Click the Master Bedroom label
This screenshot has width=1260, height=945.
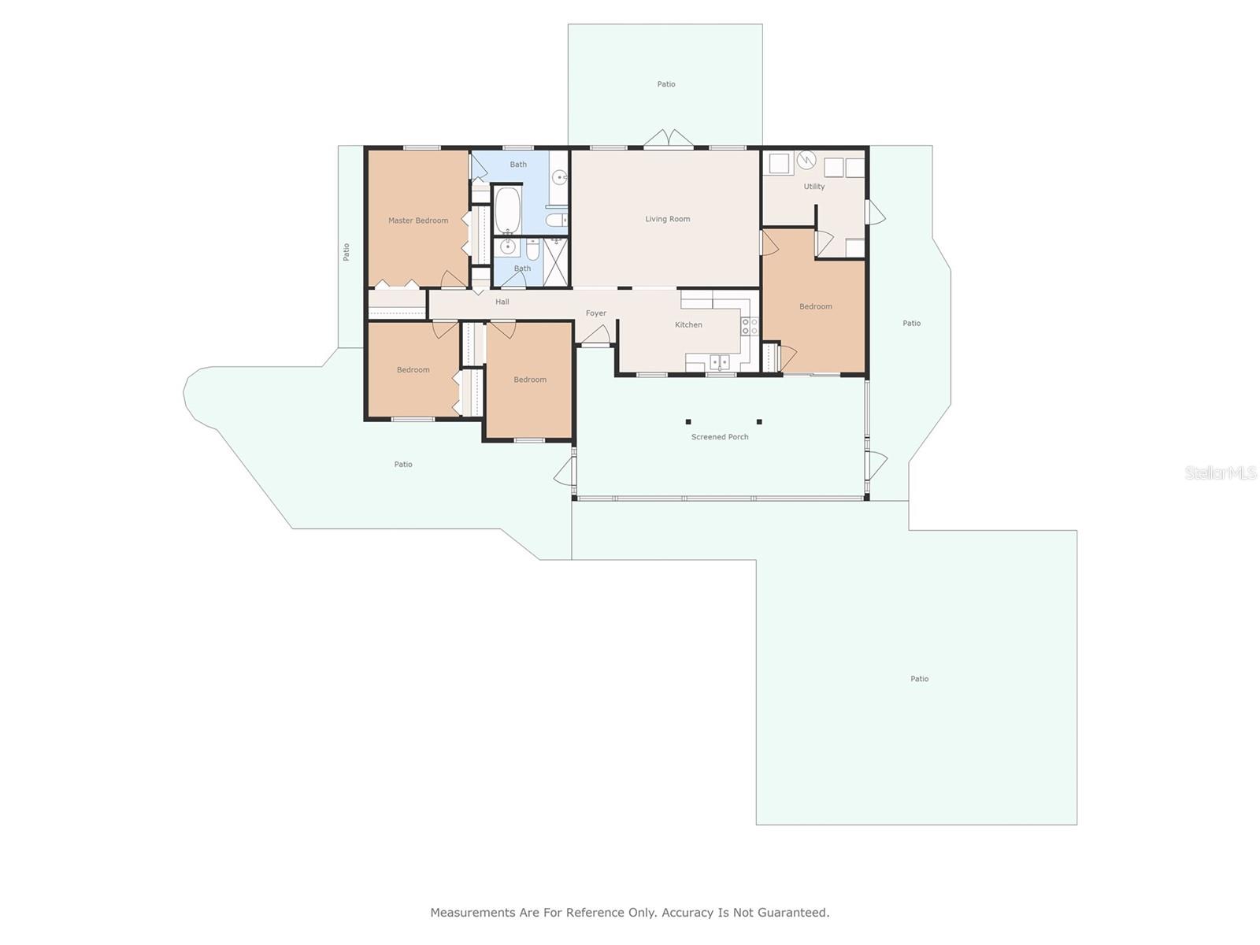(x=418, y=220)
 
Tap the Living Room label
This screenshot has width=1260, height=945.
(x=668, y=219)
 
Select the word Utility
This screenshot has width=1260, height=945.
(x=814, y=187)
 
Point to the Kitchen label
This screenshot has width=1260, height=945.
(x=688, y=324)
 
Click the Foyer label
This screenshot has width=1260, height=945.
(x=596, y=313)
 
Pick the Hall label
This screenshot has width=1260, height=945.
(x=502, y=302)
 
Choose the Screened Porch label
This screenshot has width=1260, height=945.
(x=720, y=437)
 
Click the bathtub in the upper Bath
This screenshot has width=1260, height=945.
(x=507, y=209)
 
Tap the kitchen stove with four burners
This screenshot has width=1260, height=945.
(x=749, y=327)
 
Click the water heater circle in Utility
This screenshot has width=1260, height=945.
(x=806, y=160)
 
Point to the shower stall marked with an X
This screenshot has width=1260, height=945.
(x=555, y=262)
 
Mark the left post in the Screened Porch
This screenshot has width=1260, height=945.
(x=688, y=422)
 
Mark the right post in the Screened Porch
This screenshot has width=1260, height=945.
(x=759, y=422)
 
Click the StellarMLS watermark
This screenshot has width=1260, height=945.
(x=1221, y=473)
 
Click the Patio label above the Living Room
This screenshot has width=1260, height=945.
(x=666, y=84)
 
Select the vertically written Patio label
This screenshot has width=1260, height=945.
(x=346, y=253)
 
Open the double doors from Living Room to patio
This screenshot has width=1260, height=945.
(x=668, y=139)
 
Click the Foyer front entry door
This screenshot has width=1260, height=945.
(x=596, y=335)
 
